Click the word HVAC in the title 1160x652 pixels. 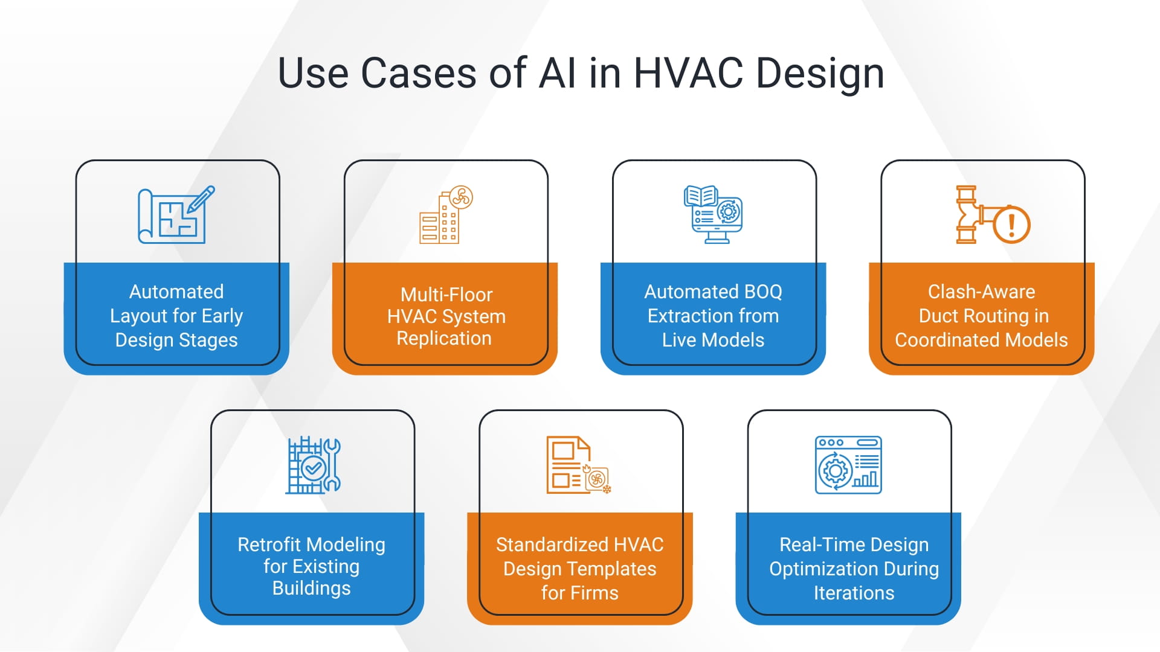(688, 74)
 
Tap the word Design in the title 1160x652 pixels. (820, 74)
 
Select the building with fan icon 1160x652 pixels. (446, 215)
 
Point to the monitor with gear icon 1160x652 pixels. (714, 215)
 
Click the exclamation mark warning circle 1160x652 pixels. (1011, 225)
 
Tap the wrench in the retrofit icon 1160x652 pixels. (332, 464)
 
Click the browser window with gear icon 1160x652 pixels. (848, 465)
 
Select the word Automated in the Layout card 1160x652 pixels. (176, 292)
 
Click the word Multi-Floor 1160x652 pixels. (446, 295)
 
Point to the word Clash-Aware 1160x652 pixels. (981, 292)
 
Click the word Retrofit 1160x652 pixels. (269, 545)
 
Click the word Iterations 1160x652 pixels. (854, 593)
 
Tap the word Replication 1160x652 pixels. (444, 339)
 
